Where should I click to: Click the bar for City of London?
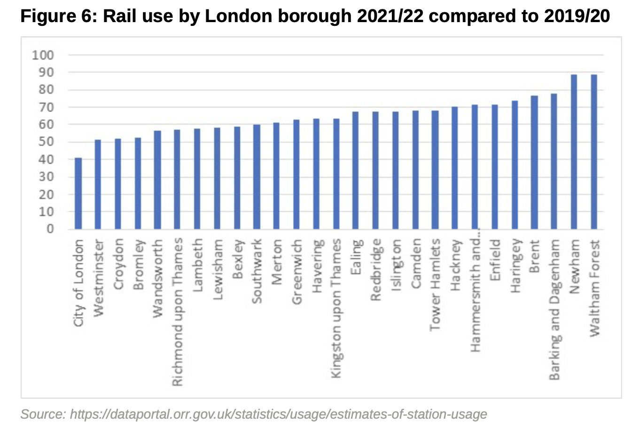click(78, 193)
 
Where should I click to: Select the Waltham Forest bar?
click(594, 152)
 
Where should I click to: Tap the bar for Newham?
click(574, 152)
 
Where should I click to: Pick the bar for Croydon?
click(117, 184)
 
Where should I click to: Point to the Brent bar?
click(534, 162)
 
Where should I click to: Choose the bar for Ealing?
click(355, 170)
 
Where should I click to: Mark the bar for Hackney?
click(454, 168)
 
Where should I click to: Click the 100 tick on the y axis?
click(43, 56)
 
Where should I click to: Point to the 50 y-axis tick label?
click(46, 142)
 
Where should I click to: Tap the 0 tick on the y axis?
click(49, 229)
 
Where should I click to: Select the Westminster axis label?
click(98, 278)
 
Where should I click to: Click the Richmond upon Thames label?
click(177, 312)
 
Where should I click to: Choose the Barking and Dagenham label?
click(554, 310)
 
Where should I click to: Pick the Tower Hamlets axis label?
click(435, 284)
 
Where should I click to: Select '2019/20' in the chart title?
click(577, 16)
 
